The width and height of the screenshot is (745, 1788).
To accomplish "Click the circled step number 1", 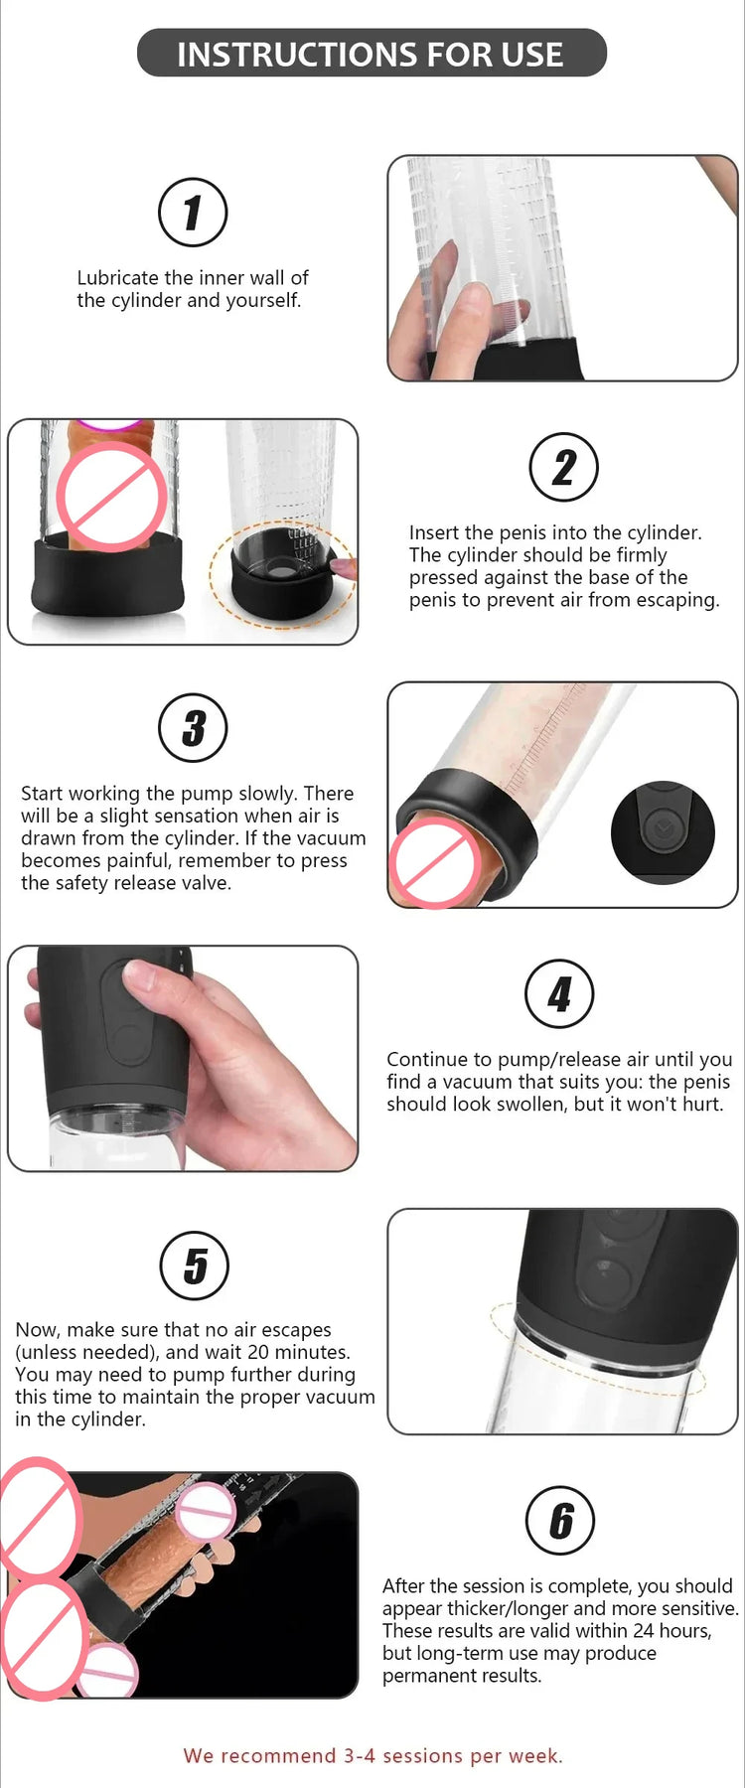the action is [193, 213].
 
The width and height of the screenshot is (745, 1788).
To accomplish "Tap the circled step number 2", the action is [563, 467].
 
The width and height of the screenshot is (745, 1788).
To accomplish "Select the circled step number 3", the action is [193, 727].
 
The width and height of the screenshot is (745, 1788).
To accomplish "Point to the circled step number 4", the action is [559, 993].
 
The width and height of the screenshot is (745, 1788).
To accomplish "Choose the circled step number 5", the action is [195, 1266].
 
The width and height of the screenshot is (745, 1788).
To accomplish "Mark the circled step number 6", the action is [560, 1520].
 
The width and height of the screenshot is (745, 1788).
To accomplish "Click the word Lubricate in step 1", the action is [117, 278].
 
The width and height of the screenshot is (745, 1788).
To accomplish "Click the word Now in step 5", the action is [36, 1330].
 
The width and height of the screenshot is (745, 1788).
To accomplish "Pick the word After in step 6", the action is [406, 1585].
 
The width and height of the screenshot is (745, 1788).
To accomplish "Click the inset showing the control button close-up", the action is [662, 832].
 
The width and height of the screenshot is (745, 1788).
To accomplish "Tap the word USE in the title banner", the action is [532, 54].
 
